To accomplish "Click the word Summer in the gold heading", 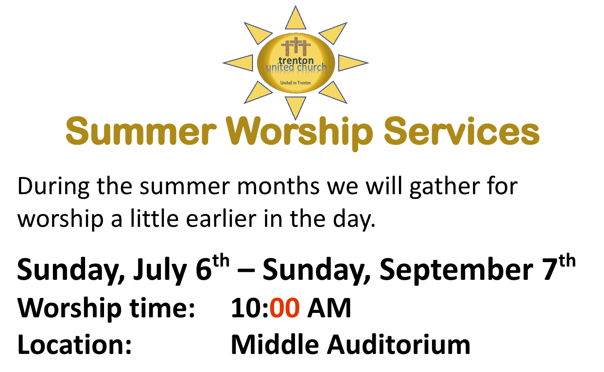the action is point(141,132).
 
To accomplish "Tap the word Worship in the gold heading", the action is point(299,133).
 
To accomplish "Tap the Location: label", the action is point(75,345).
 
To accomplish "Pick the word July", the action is point(160,271).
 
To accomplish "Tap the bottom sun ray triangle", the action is point(295,107).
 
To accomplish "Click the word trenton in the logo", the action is point(296,60).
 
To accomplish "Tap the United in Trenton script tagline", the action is point(295,83).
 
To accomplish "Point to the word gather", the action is point(445,187).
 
